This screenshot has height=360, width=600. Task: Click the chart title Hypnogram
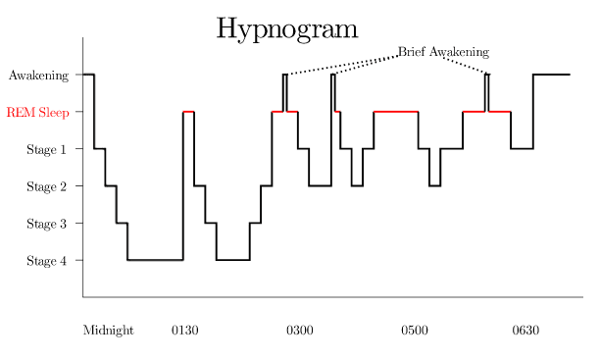[x=287, y=29]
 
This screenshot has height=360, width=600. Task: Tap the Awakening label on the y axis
[x=38, y=76]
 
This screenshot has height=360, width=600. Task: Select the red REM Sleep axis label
[x=38, y=112]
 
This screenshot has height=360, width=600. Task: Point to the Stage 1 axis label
[x=46, y=149]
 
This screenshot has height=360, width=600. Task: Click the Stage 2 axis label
[x=46, y=186]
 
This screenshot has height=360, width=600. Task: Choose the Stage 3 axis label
[x=46, y=224]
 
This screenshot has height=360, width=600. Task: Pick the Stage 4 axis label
[x=46, y=261]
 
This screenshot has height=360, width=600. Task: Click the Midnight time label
[x=108, y=331]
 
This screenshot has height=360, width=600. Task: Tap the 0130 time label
[x=185, y=331]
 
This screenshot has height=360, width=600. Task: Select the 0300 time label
[x=300, y=331]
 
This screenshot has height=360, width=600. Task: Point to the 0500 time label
[x=415, y=331]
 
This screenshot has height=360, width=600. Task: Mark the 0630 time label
[x=525, y=331]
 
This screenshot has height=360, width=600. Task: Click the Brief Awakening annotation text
[x=444, y=52]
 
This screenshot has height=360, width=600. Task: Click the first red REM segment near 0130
[x=188, y=112]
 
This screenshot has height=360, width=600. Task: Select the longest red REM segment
[x=396, y=112]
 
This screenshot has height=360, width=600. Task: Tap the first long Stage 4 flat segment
[x=155, y=260]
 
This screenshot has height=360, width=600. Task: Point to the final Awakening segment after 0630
[x=552, y=75]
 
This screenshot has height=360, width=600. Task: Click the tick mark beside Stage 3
[x=78, y=223]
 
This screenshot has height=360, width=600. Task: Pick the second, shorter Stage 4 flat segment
[x=233, y=260]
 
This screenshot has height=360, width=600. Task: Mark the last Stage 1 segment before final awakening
[x=522, y=148]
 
